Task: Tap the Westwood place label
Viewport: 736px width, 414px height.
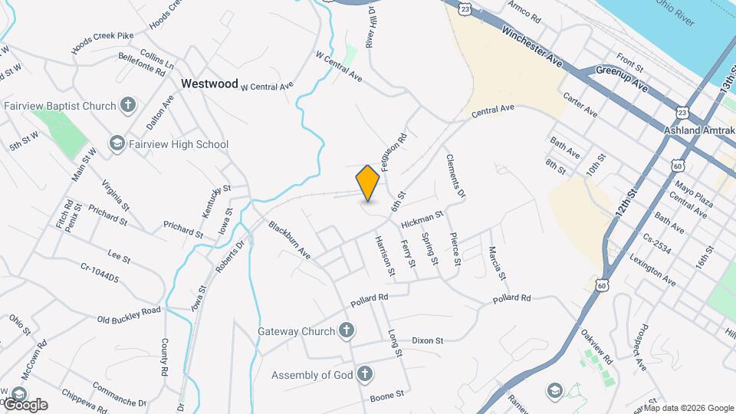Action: pyautogui.click(x=209, y=84)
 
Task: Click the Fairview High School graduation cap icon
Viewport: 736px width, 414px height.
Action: pyautogui.click(x=117, y=143)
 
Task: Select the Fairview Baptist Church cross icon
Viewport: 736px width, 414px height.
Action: pyautogui.click(x=128, y=105)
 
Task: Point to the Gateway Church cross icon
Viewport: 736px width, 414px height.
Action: pyautogui.click(x=347, y=331)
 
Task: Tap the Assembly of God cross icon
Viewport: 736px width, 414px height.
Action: pyautogui.click(x=365, y=375)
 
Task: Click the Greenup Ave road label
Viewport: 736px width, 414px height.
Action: pyautogui.click(x=623, y=79)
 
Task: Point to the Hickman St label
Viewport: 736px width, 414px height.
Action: pyautogui.click(x=422, y=220)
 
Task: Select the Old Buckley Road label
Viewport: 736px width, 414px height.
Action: pyautogui.click(x=130, y=314)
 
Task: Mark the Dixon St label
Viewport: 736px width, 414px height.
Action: pyautogui.click(x=428, y=340)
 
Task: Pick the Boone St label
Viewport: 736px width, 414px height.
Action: pyautogui.click(x=387, y=395)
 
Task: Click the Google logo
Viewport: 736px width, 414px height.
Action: pyautogui.click(x=25, y=404)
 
